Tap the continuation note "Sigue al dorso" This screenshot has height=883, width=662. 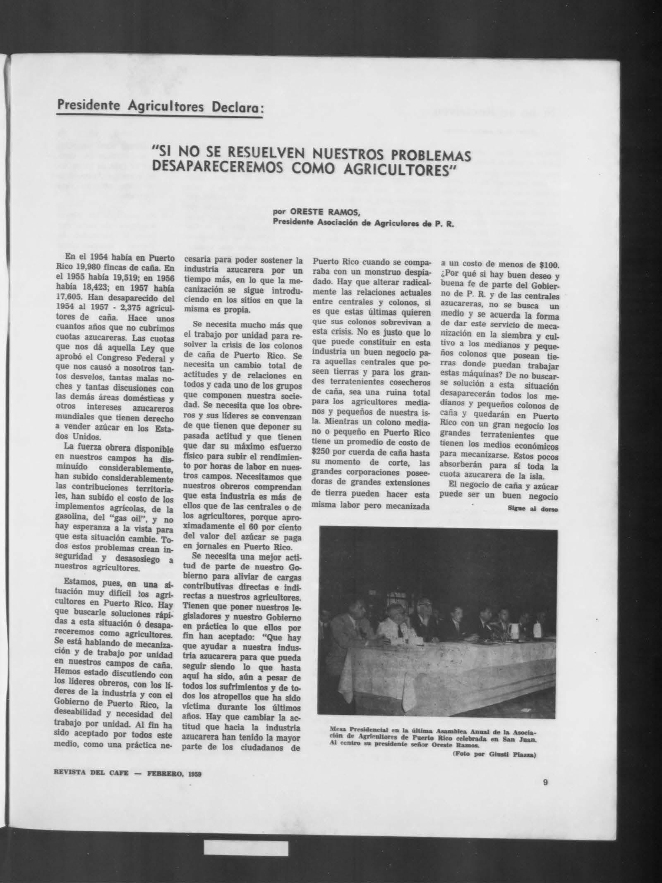pyautogui.click(x=533, y=509)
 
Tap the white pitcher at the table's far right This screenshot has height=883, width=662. pyautogui.click(x=539, y=629)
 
